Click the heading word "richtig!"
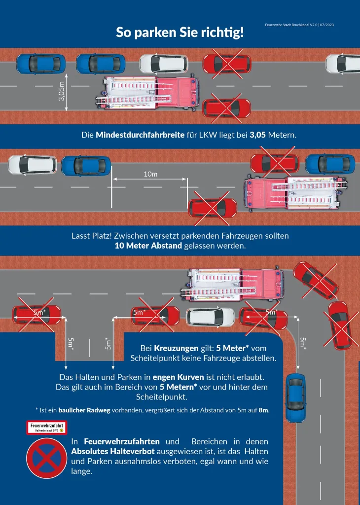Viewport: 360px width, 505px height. click(x=220, y=33)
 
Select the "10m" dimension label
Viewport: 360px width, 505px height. click(x=150, y=174)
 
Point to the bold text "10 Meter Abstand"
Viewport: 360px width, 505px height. click(x=148, y=246)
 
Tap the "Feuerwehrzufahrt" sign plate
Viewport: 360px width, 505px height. click(x=46, y=427)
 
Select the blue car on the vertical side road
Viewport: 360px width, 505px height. click(x=295, y=397)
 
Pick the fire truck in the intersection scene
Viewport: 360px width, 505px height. click(x=233, y=285)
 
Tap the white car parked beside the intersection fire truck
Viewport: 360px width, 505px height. click(x=210, y=317)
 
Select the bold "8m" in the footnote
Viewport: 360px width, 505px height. click(x=264, y=410)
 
